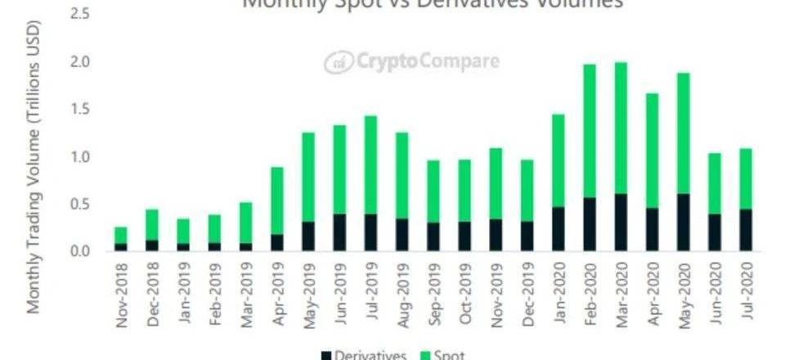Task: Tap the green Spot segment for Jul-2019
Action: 371,164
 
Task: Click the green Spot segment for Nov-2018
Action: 121,235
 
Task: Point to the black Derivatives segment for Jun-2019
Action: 340,232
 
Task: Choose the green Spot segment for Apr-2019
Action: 278,200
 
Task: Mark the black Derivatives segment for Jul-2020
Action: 745,230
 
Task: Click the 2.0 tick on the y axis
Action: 78,63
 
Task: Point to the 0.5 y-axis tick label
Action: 78,204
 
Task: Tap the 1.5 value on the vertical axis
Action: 78,110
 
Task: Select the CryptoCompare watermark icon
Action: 337,62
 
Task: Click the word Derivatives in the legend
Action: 370,354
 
